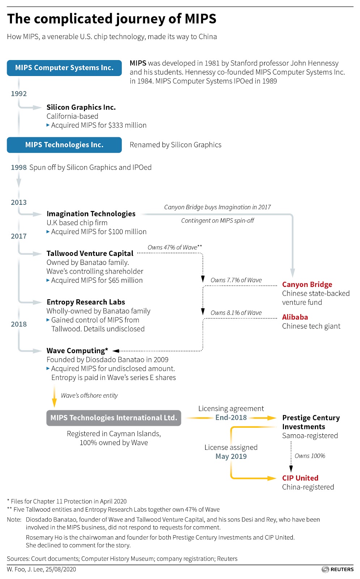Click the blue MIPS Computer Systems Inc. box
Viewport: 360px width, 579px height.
(64, 68)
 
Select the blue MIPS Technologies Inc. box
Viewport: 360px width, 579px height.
(64, 145)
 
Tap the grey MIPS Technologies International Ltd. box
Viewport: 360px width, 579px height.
(114, 418)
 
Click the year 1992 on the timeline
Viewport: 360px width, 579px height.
(19, 94)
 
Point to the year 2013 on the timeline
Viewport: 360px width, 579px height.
(19, 203)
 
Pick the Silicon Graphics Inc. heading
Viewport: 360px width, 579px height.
(81, 107)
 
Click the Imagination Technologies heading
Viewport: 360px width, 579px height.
(91, 214)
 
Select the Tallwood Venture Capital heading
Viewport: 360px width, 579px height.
(90, 253)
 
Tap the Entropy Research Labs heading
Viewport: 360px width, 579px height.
(86, 302)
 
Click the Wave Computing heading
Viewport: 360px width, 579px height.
(77, 351)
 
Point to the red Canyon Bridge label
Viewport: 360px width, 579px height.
(307, 285)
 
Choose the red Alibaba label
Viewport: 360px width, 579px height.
(295, 317)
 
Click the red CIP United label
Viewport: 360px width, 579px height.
(300, 478)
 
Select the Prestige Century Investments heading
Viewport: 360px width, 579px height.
(311, 422)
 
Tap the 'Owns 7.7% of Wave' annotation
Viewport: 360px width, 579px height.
(236, 280)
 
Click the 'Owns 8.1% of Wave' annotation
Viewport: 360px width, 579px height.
(236, 313)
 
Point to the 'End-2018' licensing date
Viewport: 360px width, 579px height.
(231, 418)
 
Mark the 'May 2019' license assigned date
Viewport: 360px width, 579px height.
(231, 456)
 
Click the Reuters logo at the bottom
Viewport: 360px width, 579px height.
(338, 569)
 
